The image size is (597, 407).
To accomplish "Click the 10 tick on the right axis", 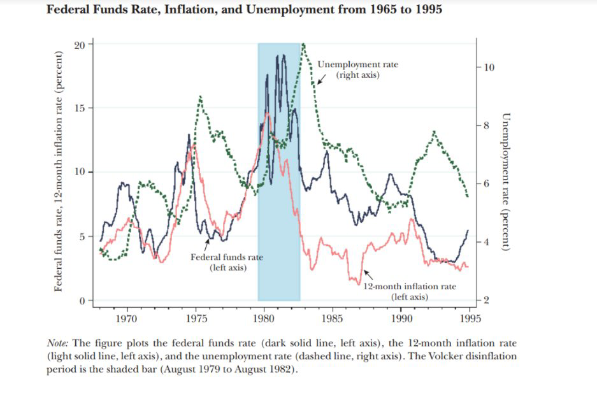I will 489,68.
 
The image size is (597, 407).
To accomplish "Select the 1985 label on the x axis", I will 333,317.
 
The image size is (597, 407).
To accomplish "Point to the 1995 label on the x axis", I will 470,317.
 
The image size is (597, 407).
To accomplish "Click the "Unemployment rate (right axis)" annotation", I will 357,70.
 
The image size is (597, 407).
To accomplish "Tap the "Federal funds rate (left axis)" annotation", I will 227,262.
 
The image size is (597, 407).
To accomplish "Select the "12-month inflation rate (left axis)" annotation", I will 410,291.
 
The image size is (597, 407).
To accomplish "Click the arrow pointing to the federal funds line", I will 206,244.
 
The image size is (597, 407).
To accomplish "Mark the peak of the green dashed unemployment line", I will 304,45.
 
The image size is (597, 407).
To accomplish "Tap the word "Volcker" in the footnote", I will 432,356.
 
